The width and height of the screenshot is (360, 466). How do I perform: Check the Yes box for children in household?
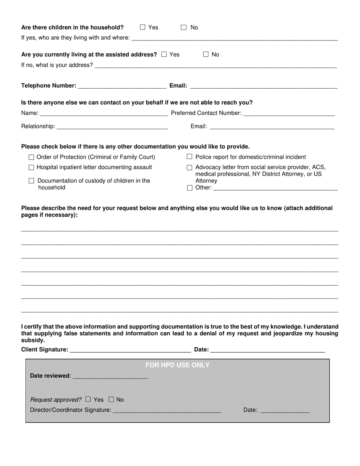(x=142, y=27)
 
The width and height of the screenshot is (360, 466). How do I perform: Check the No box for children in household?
(x=184, y=27)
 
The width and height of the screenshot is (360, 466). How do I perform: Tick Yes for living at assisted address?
(x=164, y=54)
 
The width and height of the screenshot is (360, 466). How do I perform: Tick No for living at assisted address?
(x=206, y=54)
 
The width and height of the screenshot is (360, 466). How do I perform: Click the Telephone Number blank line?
(x=122, y=86)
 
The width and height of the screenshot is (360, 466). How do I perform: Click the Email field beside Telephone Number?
(x=263, y=86)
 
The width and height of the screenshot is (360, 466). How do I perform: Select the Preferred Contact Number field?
(x=289, y=113)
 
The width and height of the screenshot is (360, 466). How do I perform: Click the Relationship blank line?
(x=112, y=127)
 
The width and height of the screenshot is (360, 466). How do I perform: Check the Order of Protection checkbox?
(x=31, y=157)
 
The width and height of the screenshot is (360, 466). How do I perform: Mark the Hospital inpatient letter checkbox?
(x=31, y=167)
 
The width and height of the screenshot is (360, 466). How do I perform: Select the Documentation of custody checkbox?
(x=31, y=181)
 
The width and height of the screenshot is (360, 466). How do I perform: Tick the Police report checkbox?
(x=189, y=157)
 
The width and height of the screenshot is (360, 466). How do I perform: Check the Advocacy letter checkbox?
(x=189, y=167)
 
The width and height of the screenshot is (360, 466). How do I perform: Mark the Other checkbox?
(x=189, y=188)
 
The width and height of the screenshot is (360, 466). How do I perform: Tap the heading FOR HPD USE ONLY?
(x=177, y=365)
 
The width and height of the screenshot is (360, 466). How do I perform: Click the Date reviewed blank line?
(x=110, y=376)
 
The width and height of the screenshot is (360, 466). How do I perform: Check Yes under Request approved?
(x=88, y=399)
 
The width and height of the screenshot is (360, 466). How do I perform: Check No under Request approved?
(x=111, y=399)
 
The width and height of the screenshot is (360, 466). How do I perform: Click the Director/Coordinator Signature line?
(x=167, y=410)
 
